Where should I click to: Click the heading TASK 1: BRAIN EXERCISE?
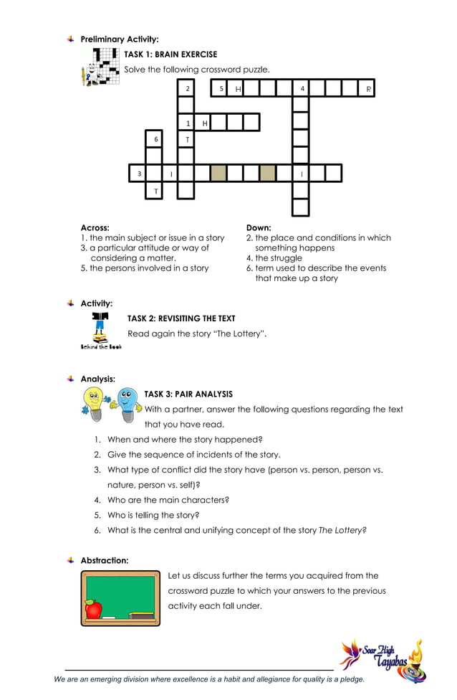170,54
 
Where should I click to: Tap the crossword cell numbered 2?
186,88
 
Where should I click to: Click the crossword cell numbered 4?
301,88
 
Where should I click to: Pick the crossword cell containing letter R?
367,88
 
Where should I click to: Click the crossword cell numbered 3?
137,173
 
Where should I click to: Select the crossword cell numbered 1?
186,123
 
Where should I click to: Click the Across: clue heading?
95,227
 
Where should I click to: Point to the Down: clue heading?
259,227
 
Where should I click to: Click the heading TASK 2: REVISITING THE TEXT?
181,318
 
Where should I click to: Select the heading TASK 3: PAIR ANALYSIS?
188,394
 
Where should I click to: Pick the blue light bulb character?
127,404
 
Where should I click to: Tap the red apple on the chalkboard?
93,610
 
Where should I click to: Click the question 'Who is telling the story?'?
153,515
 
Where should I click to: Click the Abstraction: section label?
105,560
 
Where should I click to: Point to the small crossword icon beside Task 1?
101,67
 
